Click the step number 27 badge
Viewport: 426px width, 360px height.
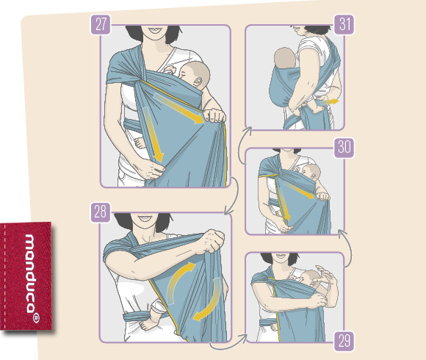(101, 25)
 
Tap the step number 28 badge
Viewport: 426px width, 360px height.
(101, 212)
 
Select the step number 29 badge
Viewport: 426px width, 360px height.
(344, 341)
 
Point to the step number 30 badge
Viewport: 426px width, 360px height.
(344, 148)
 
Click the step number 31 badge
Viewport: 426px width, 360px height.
(344, 25)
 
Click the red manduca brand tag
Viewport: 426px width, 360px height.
(26, 276)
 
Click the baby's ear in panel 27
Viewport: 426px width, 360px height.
(199, 82)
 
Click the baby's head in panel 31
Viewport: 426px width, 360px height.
(285, 58)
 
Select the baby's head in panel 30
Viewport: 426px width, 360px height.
(311, 172)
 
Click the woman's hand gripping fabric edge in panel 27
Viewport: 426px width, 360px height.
(214, 115)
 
